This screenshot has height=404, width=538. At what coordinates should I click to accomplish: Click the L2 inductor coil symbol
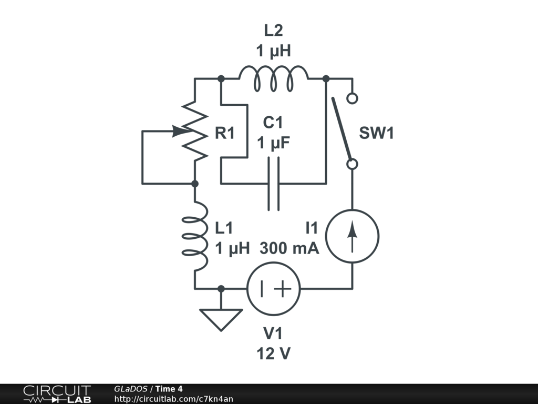point(273,78)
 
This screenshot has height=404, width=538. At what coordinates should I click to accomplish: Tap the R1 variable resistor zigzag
point(195,132)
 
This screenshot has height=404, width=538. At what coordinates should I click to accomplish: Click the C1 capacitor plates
point(273,184)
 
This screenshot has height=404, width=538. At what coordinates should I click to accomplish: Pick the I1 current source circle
point(352,236)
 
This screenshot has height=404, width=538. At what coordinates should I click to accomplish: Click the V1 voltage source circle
point(273,289)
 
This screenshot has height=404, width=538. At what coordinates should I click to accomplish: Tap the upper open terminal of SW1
point(353,98)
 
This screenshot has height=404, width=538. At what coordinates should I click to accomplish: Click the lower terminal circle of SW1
point(353,164)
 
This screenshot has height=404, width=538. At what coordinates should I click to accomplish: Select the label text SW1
point(377,134)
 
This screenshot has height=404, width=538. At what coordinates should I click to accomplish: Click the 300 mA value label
point(289,248)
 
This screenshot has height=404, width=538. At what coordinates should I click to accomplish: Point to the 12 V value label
point(273,354)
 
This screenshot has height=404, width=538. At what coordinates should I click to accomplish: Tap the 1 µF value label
point(273,144)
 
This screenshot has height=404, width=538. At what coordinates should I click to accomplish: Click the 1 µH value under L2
point(273,51)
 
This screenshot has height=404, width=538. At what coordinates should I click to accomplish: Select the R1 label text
point(225,134)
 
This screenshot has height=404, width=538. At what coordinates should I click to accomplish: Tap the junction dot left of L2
point(221,78)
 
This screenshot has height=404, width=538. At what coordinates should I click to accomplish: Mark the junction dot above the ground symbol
point(221,289)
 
